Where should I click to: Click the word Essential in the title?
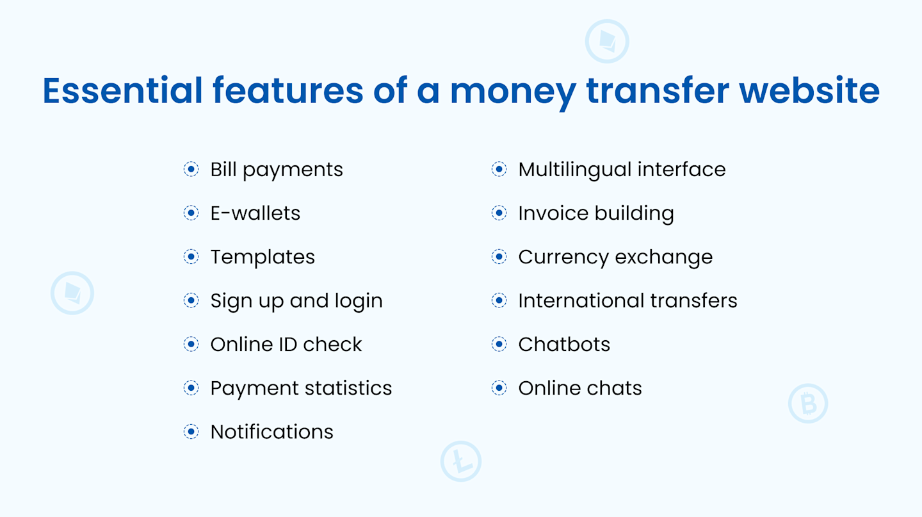(x=122, y=91)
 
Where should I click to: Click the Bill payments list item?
(x=277, y=170)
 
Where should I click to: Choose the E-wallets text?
(x=255, y=213)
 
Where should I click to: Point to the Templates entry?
(x=263, y=257)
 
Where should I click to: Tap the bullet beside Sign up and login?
(x=191, y=300)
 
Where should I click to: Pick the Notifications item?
(x=271, y=432)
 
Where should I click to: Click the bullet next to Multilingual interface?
(x=499, y=169)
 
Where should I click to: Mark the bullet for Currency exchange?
(x=499, y=257)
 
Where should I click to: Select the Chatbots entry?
(x=564, y=345)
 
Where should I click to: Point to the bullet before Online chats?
(x=499, y=388)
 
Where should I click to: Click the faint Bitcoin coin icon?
(x=808, y=404)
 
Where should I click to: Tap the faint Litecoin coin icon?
(x=460, y=461)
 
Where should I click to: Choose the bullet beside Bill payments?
(x=191, y=169)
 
